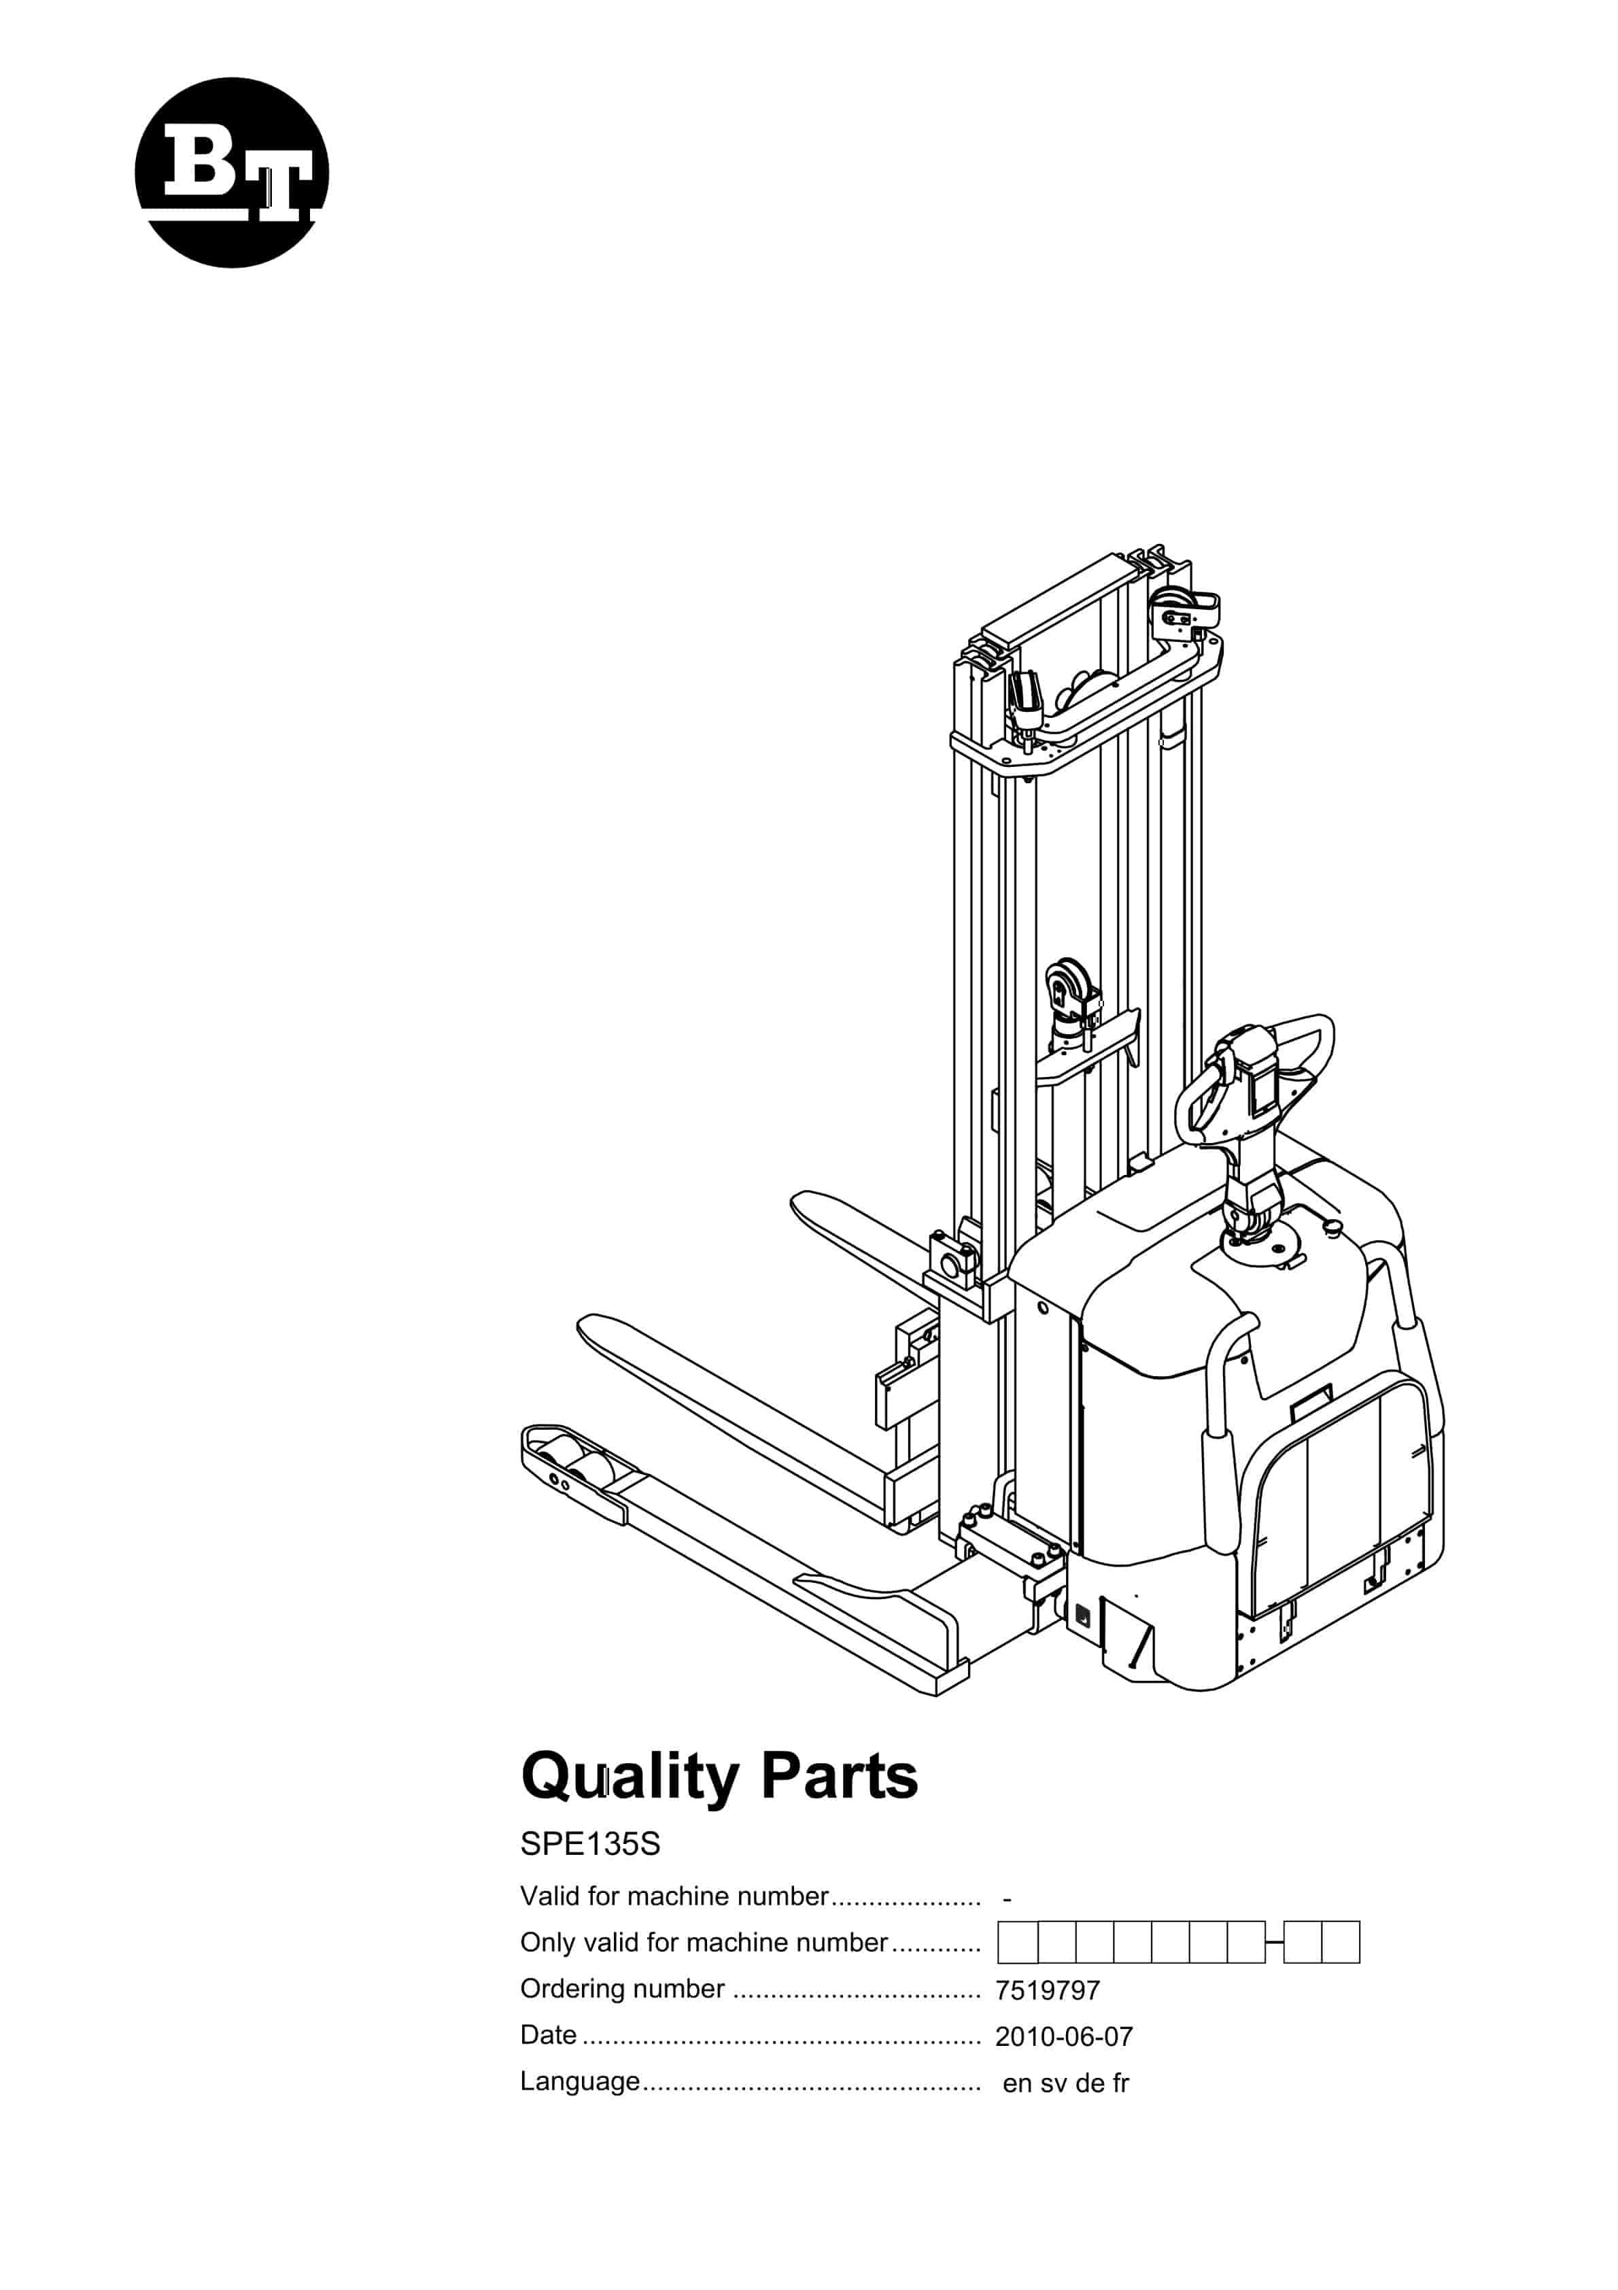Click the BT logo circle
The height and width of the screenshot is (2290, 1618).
(x=231, y=173)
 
